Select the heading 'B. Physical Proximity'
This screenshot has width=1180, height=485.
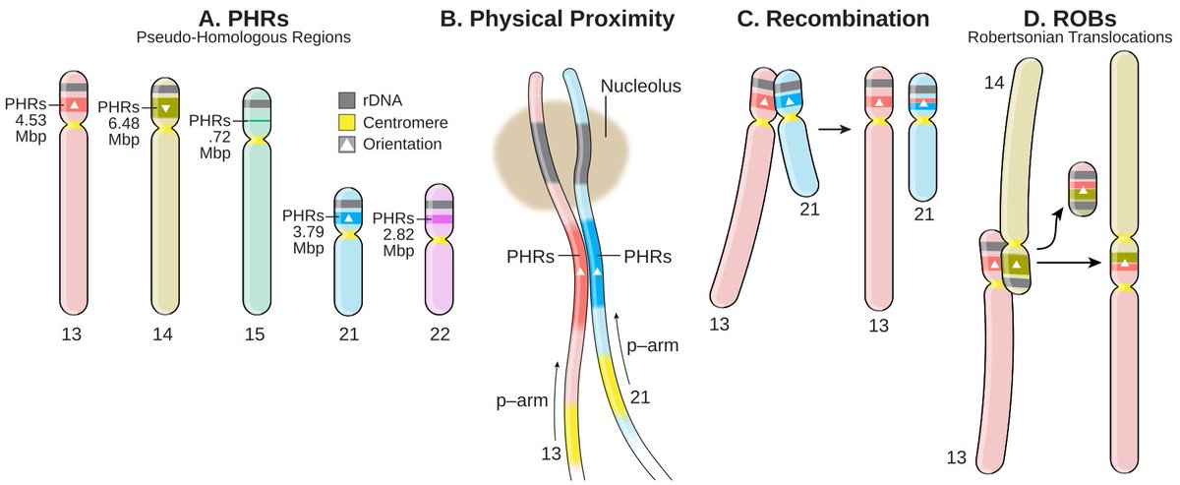point(570,18)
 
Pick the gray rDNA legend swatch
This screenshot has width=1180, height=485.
point(344,100)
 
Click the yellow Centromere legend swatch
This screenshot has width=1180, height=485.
point(344,122)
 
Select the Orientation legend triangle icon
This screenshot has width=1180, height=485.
point(344,144)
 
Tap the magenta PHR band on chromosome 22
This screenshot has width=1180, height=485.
point(439,218)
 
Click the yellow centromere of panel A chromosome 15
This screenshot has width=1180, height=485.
point(257,141)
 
